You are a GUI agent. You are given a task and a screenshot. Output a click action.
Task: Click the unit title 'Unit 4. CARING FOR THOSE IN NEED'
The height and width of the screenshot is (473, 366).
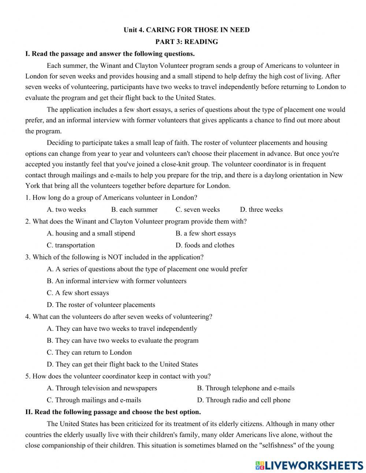click(186, 30)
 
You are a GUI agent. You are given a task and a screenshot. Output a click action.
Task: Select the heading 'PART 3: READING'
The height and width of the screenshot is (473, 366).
click(186, 42)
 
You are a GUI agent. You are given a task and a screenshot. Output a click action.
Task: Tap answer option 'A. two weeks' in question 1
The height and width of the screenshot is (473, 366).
click(66, 210)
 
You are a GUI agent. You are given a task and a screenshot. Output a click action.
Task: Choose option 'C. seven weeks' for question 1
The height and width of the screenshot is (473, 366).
click(198, 210)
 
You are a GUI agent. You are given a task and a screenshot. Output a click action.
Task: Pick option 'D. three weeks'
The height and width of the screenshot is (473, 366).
click(261, 210)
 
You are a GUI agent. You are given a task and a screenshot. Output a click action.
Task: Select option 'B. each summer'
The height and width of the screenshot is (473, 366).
click(134, 210)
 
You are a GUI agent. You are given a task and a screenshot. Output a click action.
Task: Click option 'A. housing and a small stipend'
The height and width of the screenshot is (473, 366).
click(91, 233)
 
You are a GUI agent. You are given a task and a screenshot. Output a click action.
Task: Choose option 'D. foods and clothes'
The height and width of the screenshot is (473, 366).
click(205, 245)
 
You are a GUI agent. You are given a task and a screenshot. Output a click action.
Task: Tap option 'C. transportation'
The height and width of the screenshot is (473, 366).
click(71, 245)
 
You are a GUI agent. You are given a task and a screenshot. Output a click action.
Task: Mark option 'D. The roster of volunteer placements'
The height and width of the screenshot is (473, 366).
click(101, 305)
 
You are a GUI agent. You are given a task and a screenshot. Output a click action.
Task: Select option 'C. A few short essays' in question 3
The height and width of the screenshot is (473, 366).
click(78, 293)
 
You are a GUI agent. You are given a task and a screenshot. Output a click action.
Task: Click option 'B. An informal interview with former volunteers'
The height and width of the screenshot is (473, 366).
click(117, 281)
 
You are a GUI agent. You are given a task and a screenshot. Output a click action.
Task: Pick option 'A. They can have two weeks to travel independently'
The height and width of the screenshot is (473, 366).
click(122, 329)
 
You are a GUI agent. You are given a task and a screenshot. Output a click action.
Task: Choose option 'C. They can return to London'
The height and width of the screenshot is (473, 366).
click(89, 352)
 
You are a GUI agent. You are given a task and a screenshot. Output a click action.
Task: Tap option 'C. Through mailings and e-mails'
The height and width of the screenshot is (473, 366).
click(94, 400)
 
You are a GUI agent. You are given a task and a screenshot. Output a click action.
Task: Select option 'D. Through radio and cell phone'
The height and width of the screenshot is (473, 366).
click(244, 400)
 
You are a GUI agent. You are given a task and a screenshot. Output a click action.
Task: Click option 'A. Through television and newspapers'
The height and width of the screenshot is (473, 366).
click(102, 388)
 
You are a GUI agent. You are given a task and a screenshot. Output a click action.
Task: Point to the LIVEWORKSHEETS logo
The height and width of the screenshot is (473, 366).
click(309, 465)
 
